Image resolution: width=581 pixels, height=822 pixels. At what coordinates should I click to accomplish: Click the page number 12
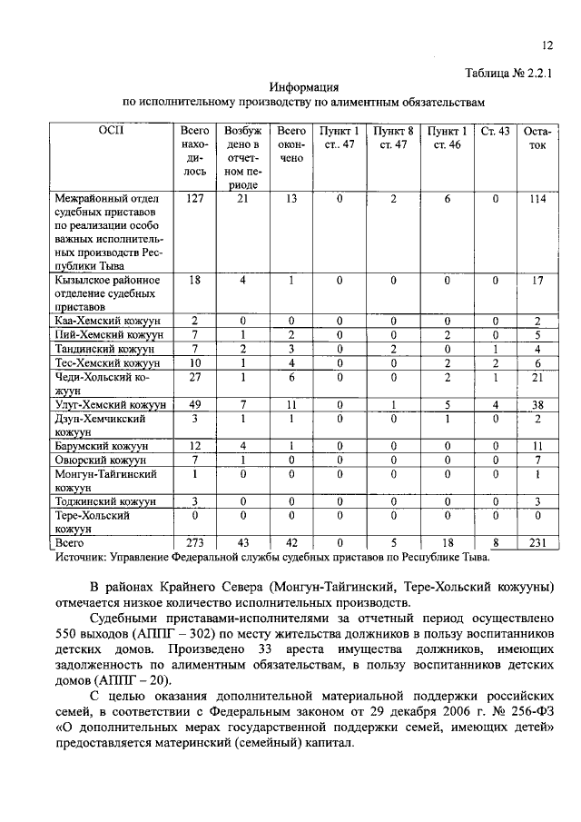tap(547, 46)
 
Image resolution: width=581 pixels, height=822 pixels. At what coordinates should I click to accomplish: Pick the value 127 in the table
tap(193, 199)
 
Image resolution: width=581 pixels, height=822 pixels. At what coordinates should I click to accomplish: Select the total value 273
tap(193, 542)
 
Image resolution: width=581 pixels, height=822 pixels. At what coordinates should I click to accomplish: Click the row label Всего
tap(70, 542)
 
